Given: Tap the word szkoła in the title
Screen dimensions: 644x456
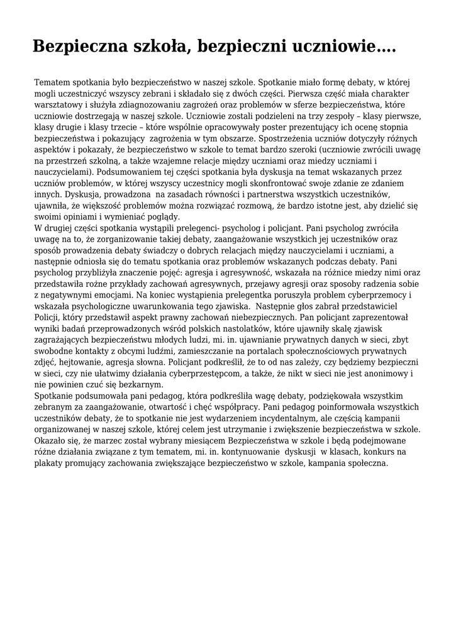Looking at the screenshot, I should coord(160,46).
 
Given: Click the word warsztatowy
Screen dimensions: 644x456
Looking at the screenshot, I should coord(59,105).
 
